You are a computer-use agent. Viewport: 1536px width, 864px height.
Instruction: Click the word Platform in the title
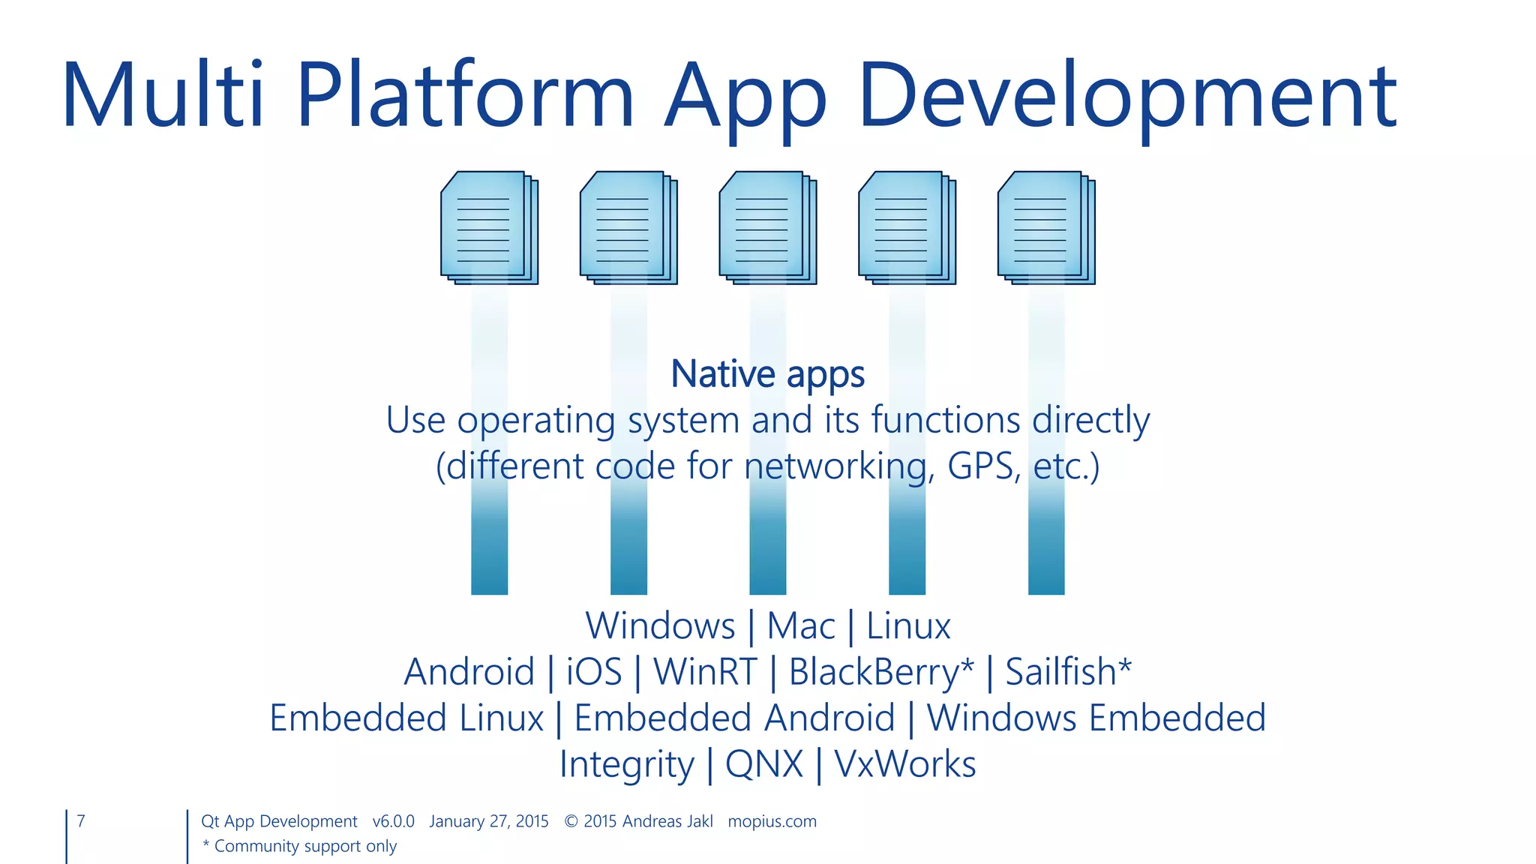(x=465, y=96)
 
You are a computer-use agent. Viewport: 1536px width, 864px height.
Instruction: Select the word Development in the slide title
(x=1127, y=96)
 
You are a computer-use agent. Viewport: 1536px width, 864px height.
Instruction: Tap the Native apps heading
(x=767, y=373)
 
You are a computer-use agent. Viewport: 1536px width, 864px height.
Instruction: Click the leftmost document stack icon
(x=489, y=228)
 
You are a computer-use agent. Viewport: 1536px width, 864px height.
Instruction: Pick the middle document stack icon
(x=767, y=228)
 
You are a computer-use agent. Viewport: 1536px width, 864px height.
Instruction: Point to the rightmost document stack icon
(x=1045, y=228)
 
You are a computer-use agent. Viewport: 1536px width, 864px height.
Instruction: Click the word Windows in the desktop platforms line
(x=660, y=625)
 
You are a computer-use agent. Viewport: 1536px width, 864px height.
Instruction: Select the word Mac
(x=800, y=625)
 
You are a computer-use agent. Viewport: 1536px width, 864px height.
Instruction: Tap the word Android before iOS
(x=469, y=671)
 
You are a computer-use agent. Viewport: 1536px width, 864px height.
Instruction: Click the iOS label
(x=593, y=671)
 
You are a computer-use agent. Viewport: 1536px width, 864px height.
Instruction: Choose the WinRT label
(x=705, y=671)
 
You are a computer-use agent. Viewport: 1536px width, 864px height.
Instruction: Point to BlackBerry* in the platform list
(x=881, y=671)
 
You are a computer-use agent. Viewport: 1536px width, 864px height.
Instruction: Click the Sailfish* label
(x=1068, y=671)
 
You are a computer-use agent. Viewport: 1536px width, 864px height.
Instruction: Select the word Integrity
(x=627, y=764)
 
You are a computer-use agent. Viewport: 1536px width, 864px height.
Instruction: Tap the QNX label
(x=763, y=764)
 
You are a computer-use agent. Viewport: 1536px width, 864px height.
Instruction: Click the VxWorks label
(x=904, y=764)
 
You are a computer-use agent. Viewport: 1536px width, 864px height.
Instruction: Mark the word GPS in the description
(x=983, y=466)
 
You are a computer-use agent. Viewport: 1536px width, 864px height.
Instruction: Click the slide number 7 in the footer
(x=81, y=821)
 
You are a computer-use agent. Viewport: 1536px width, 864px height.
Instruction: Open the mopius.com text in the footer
(x=772, y=821)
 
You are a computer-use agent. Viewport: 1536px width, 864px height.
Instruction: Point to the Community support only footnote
(x=300, y=846)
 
